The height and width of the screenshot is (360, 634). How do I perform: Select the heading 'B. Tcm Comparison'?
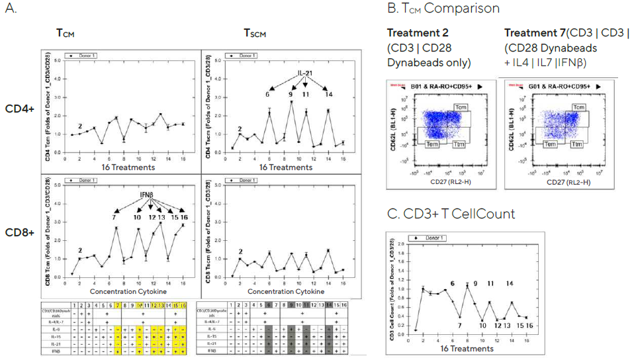pos(443,9)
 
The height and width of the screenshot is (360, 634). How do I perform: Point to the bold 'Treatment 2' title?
pos(415,32)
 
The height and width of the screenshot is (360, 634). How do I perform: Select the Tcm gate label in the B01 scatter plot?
pos(462,107)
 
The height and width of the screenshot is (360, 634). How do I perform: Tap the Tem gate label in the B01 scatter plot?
pos(430,144)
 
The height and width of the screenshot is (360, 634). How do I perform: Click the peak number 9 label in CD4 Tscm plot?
pos(291,95)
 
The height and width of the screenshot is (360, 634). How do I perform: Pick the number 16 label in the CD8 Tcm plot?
pos(183,218)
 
